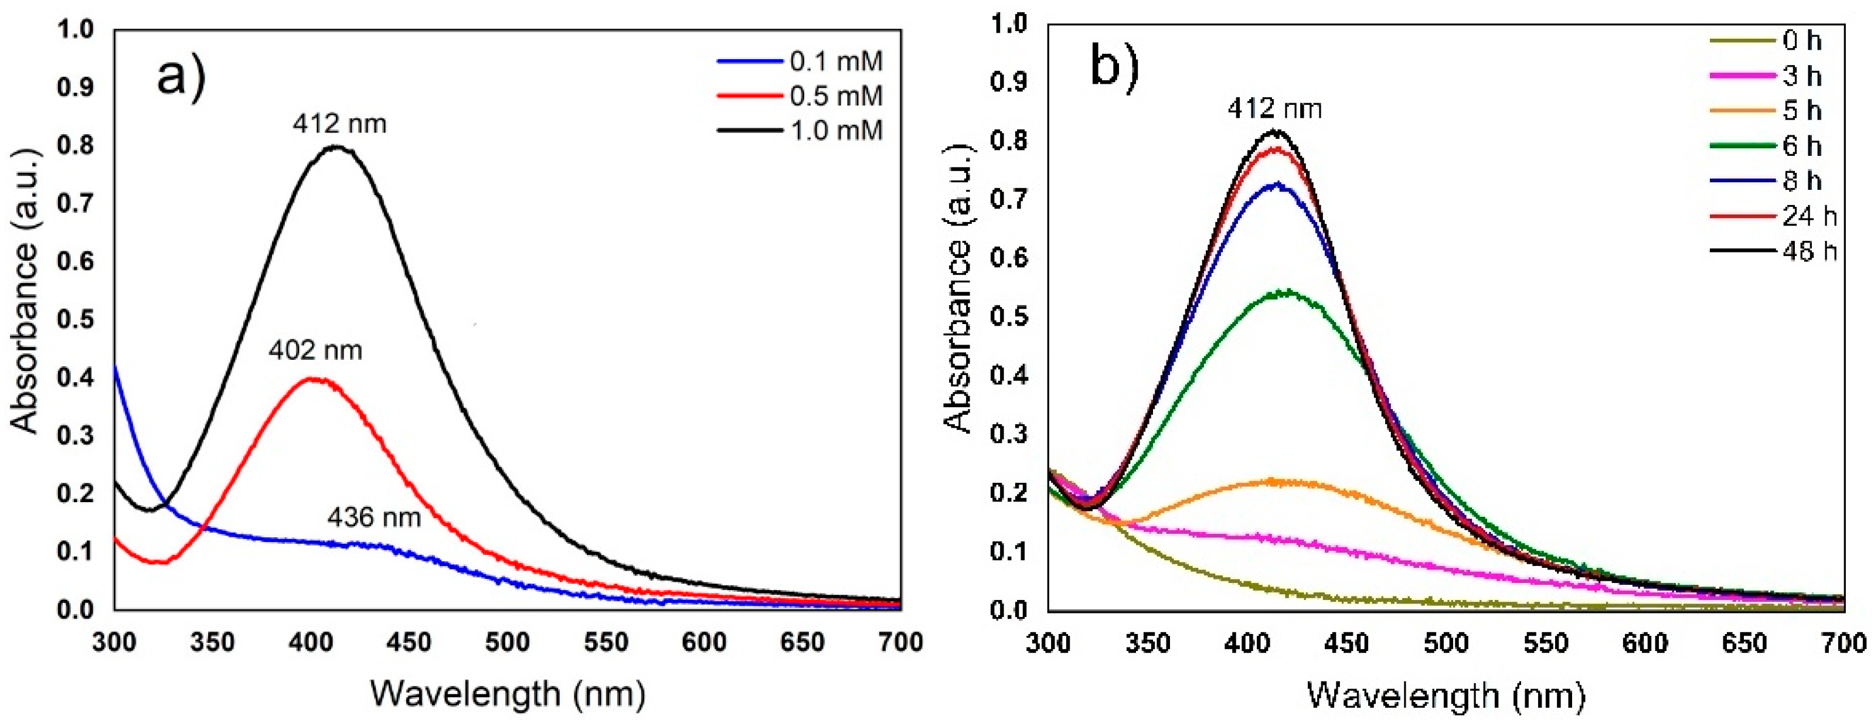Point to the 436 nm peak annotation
(x=374, y=517)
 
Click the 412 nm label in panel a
(x=340, y=124)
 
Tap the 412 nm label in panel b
(x=1274, y=109)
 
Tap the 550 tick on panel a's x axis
(x=606, y=642)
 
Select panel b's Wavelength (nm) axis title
(x=1446, y=696)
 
